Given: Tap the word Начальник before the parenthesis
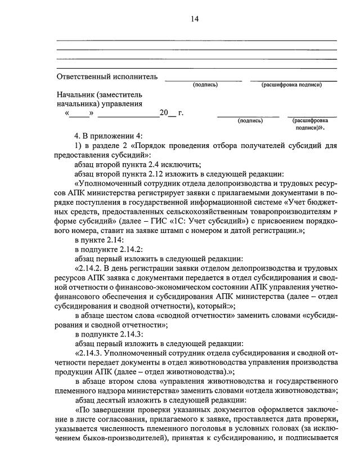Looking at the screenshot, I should pyautogui.click(x=75, y=94).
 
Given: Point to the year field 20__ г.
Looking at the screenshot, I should pyautogui.click(x=172, y=113).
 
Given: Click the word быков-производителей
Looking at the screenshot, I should pyautogui.click(x=117, y=440).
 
